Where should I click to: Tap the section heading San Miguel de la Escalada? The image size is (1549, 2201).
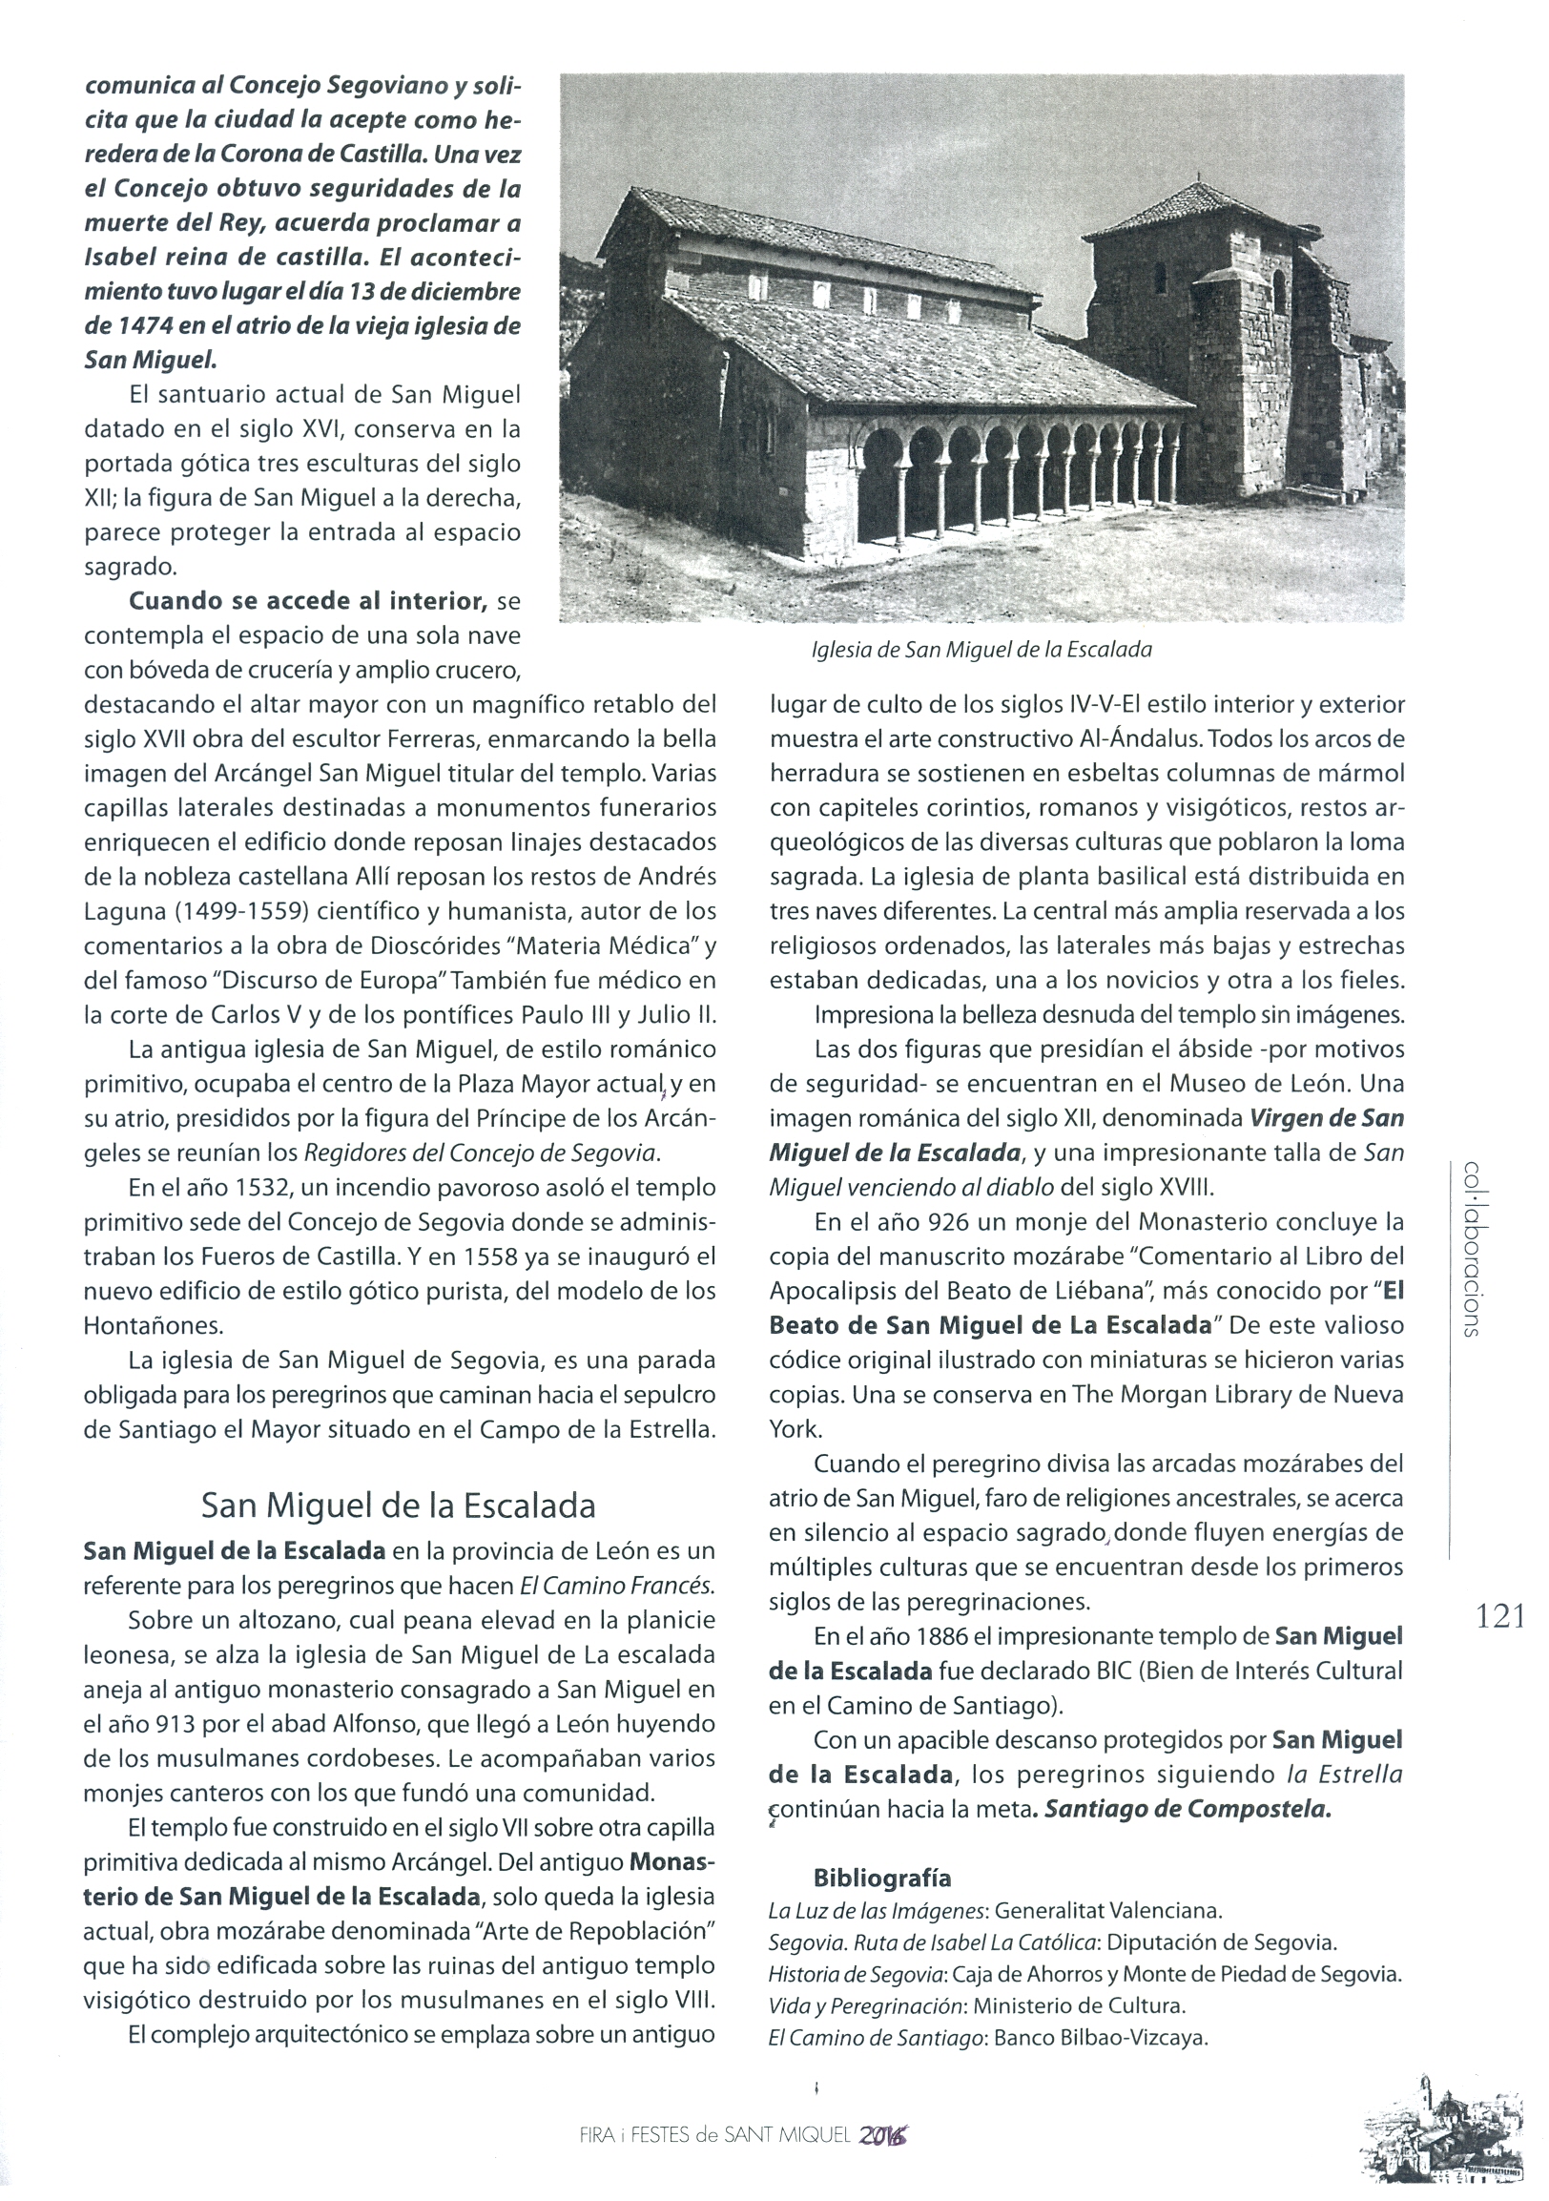point(398,1505)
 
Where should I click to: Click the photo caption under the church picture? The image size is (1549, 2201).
point(981,649)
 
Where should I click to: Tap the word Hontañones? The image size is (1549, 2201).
point(154,1326)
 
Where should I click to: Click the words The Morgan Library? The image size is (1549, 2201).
point(1153,1395)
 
